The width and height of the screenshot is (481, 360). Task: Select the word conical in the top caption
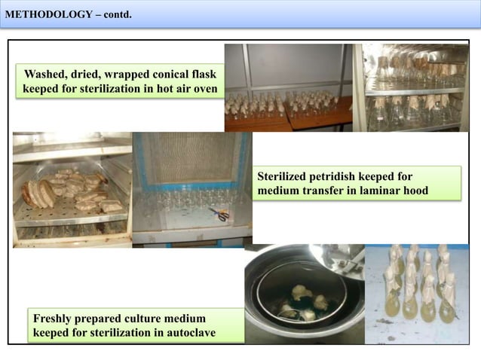coord(171,75)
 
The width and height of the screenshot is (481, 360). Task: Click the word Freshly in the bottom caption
coord(55,319)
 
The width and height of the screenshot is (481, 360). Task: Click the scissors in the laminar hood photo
coord(220,215)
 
